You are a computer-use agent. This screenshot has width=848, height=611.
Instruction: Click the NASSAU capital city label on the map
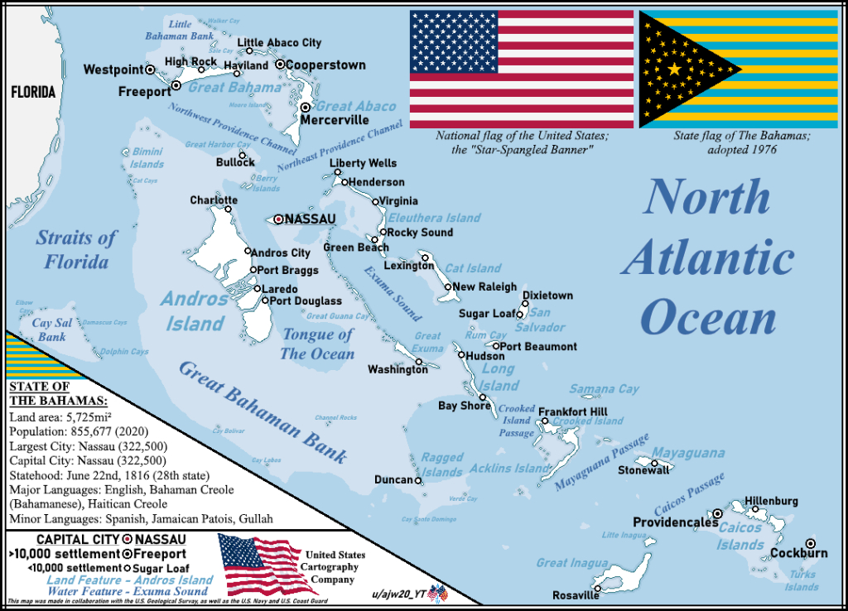coord(310,219)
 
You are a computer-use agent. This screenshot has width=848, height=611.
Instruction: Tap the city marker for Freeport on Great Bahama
coord(176,85)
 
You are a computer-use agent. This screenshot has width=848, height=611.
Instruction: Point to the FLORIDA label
coord(33,92)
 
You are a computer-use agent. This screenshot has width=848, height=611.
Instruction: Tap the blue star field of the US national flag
coord(453,42)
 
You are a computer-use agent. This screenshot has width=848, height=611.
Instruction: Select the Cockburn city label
coord(798,553)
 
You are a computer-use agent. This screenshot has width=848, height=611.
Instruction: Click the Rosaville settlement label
coord(575,595)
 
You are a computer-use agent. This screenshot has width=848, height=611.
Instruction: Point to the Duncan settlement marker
coord(418,480)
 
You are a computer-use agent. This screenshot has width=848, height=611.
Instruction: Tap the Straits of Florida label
coord(72,250)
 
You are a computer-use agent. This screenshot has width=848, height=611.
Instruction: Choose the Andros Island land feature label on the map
coord(195,310)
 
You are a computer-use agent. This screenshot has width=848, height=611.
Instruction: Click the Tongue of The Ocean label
coord(317,344)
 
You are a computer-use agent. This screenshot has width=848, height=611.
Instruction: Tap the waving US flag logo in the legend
coord(257,565)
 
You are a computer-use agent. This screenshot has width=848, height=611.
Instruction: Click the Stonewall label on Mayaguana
coord(643,470)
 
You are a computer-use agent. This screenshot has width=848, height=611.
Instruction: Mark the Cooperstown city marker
coord(280,65)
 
